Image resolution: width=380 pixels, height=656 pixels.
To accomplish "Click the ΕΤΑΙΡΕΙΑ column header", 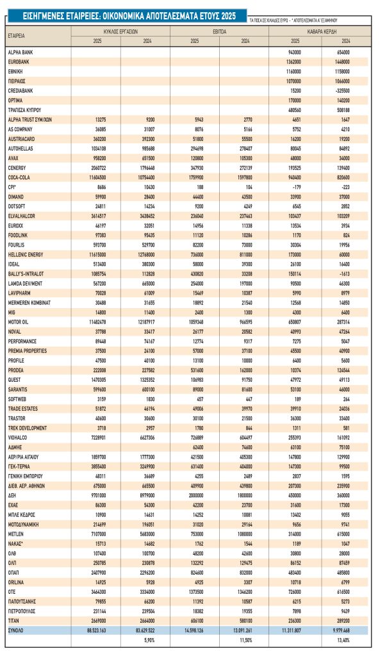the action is click(17, 37).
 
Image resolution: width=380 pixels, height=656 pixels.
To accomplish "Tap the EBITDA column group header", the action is click(219, 31).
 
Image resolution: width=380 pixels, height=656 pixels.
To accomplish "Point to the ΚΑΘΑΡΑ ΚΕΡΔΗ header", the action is click(318, 31).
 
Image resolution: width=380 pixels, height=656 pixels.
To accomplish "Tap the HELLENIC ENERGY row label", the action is click(26, 255).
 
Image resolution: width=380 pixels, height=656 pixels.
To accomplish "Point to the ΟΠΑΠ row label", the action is click(15, 573).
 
